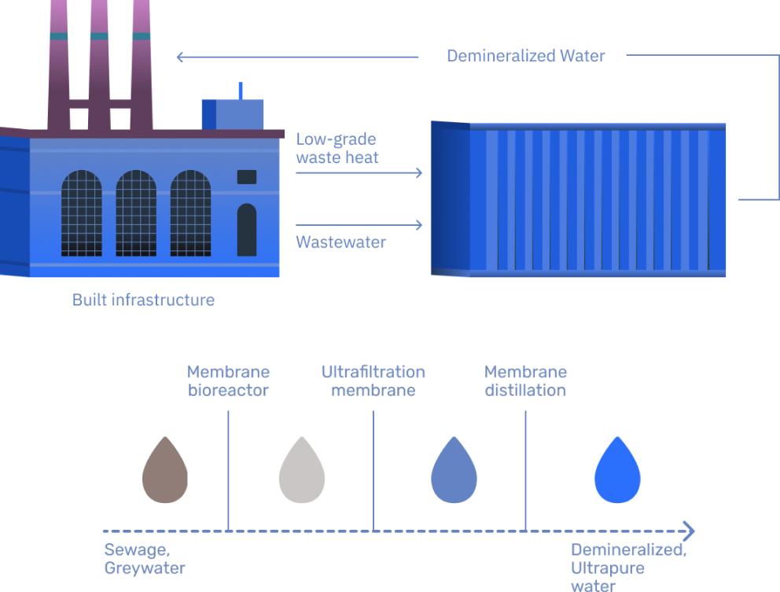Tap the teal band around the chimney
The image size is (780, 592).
click(x=100, y=36)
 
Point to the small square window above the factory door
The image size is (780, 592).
click(x=247, y=177)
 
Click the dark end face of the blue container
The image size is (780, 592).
click(x=450, y=198)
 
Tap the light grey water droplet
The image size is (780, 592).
click(x=301, y=470)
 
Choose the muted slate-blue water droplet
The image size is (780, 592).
click(x=452, y=470)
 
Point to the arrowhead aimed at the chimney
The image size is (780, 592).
click(x=181, y=57)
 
